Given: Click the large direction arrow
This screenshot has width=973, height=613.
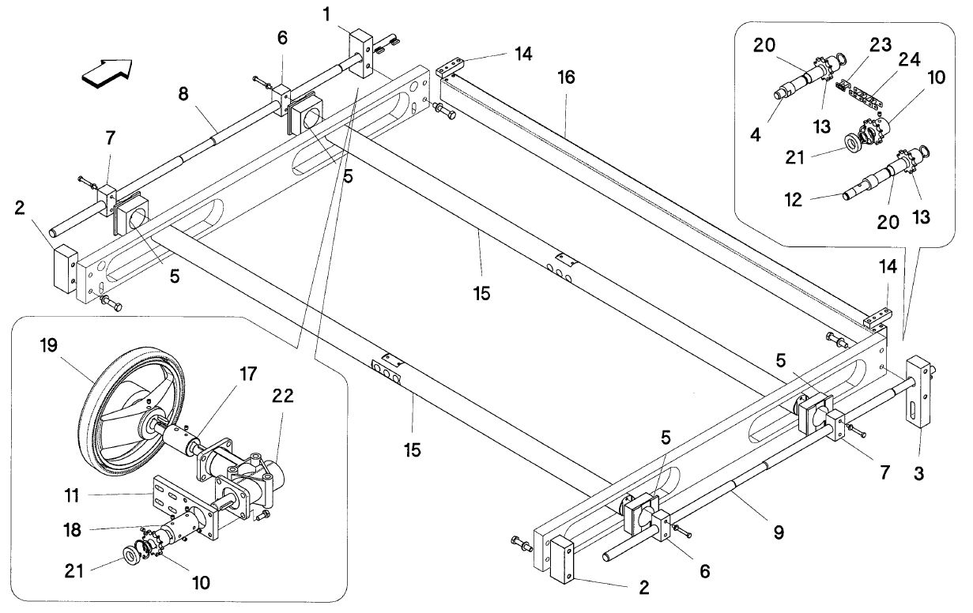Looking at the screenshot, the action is [x=107, y=73].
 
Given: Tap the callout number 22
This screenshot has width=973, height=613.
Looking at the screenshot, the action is [x=283, y=396].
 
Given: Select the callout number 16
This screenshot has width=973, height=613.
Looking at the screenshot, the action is [x=567, y=77].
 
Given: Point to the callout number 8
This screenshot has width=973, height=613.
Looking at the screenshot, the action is [x=183, y=94].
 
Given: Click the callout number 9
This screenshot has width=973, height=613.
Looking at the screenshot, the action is [x=779, y=532].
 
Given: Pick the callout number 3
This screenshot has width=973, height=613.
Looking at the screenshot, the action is [x=918, y=473].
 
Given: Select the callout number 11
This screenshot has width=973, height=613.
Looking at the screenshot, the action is [x=72, y=495].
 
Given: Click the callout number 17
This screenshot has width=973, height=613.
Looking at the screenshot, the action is [x=248, y=374].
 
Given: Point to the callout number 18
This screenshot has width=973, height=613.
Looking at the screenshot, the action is [x=72, y=530].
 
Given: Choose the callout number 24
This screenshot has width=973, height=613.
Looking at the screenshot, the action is [x=910, y=59].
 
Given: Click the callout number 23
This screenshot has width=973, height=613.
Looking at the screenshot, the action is [x=881, y=45].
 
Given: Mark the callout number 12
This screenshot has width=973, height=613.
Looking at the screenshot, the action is [x=793, y=200].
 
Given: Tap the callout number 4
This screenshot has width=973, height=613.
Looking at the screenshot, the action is [x=756, y=135].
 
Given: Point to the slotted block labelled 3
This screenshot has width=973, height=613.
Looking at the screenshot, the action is [x=918, y=393].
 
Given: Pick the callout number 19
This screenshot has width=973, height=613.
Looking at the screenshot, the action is [x=48, y=345].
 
